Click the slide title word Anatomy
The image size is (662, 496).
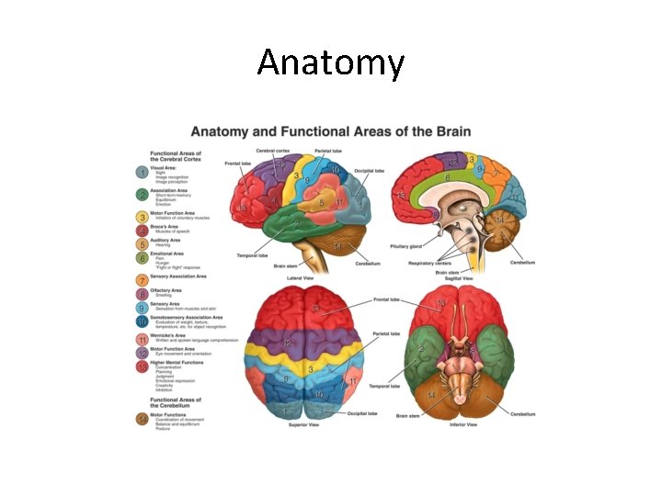(330, 62)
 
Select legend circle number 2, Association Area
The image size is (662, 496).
(142, 195)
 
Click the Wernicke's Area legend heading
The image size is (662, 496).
(175, 335)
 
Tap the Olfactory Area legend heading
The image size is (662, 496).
(173, 289)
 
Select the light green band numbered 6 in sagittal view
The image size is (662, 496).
(447, 176)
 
